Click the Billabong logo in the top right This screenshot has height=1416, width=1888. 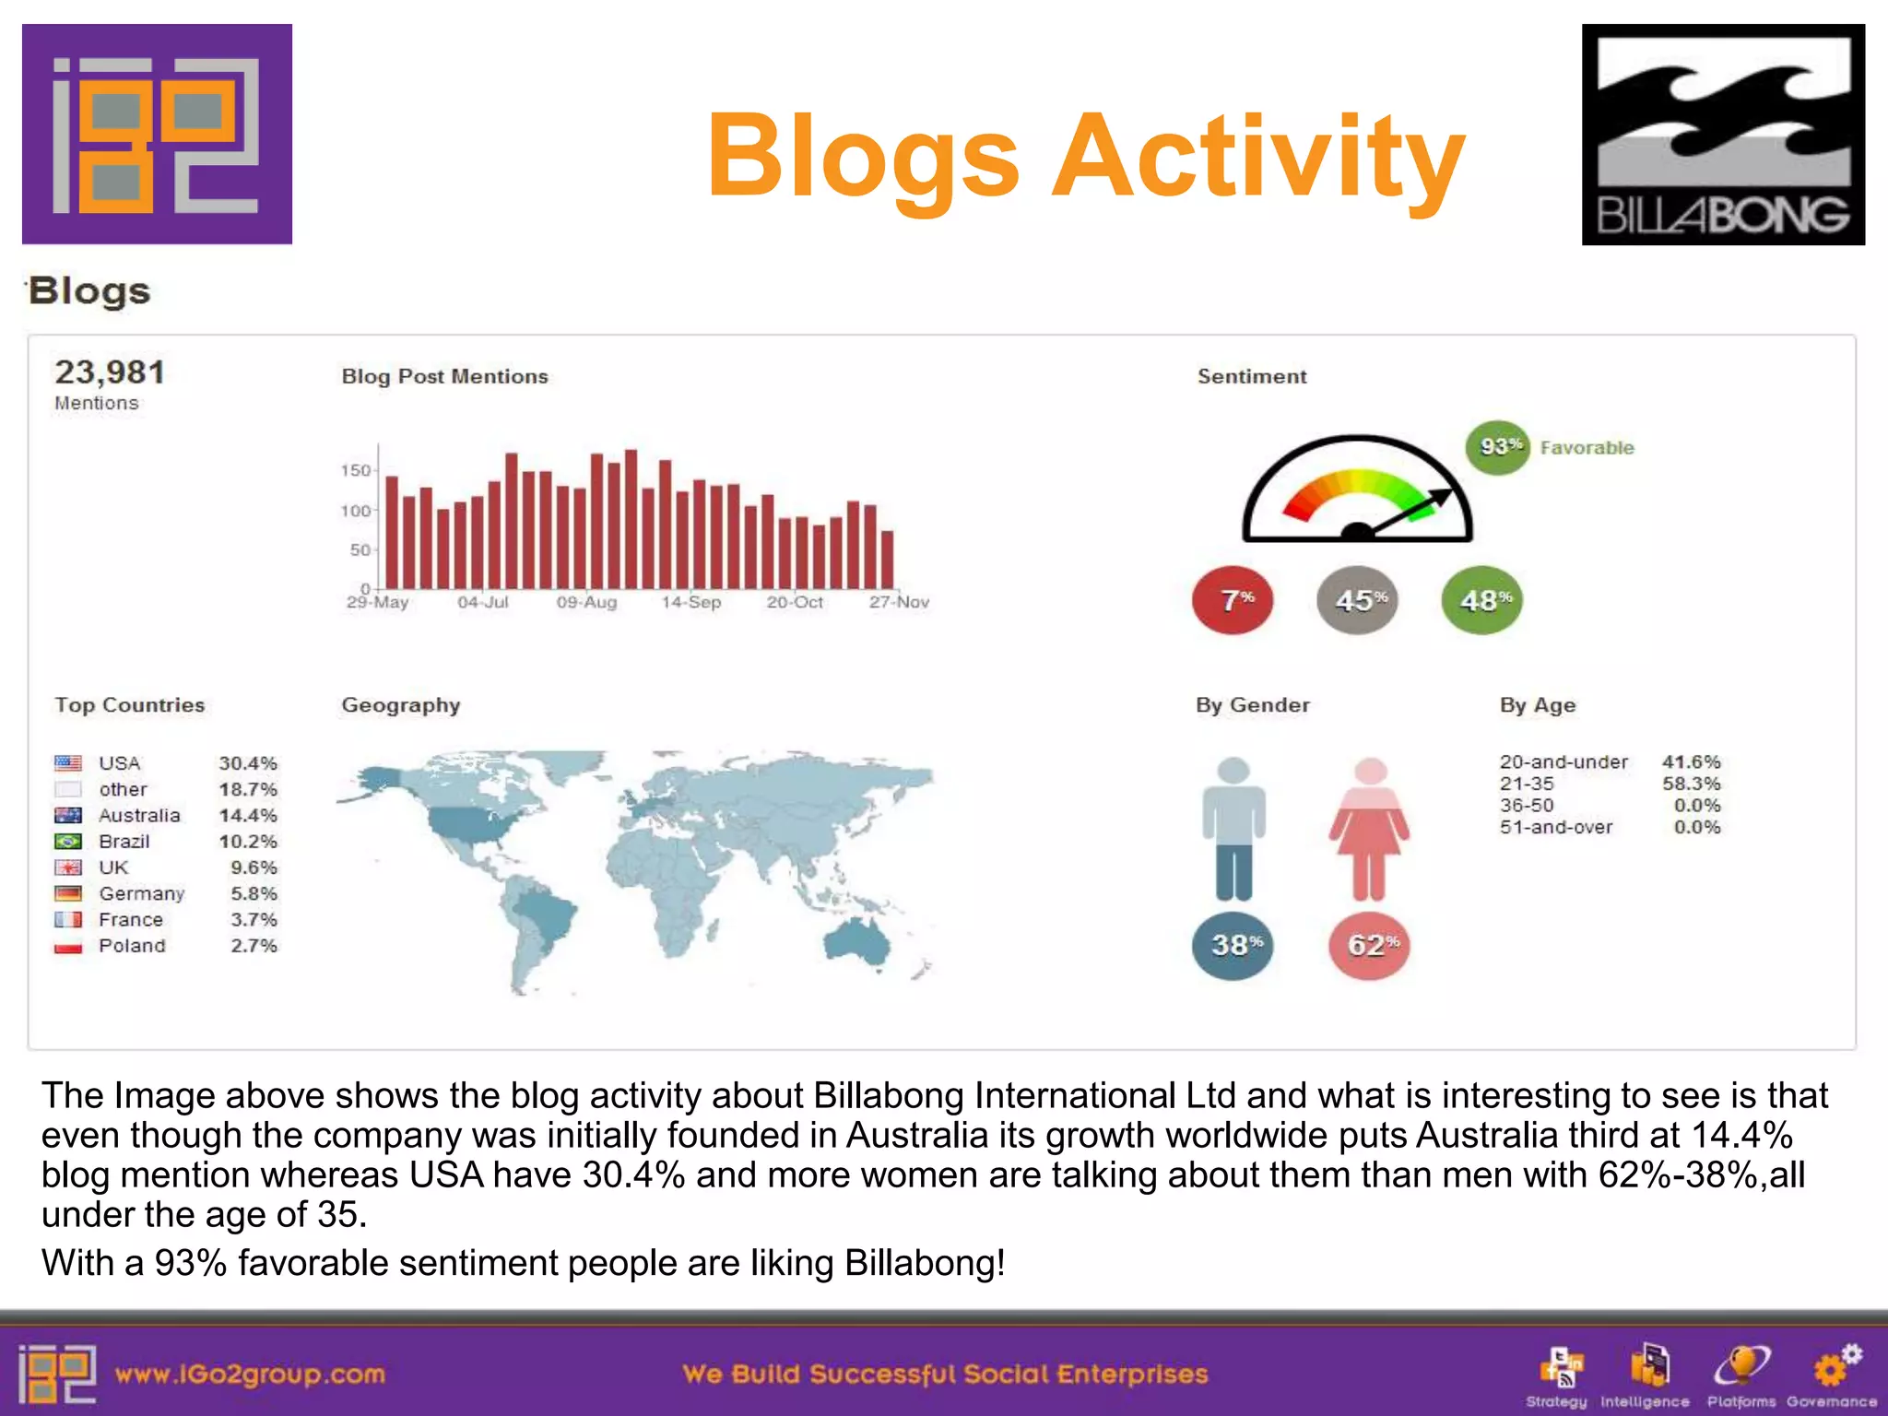tap(1722, 135)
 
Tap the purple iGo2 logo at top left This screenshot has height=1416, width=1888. tap(157, 135)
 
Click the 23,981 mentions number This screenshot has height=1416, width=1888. tap(110, 372)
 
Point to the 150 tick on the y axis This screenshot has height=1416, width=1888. tap(355, 471)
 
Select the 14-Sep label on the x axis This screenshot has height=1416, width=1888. tap(690, 602)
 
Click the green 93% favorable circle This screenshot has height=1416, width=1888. tap(1497, 447)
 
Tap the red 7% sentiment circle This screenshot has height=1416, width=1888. tap(1233, 600)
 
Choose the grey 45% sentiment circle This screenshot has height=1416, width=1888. tap(1357, 600)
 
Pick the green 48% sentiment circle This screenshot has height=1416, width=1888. tap(1481, 600)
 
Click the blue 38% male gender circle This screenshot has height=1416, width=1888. tap(1233, 945)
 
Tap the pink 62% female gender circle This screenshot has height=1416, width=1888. tap(1369, 945)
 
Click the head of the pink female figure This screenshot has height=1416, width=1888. tap(1370, 772)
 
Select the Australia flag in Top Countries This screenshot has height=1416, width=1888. tap(68, 815)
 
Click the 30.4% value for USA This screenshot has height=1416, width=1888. tap(247, 763)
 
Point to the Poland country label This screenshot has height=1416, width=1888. tap(132, 946)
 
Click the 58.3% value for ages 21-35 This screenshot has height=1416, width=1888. tap(1691, 784)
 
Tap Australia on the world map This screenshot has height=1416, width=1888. tap(857, 940)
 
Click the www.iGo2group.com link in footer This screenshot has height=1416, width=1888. tap(249, 1374)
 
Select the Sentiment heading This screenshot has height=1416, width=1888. tap(1251, 376)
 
